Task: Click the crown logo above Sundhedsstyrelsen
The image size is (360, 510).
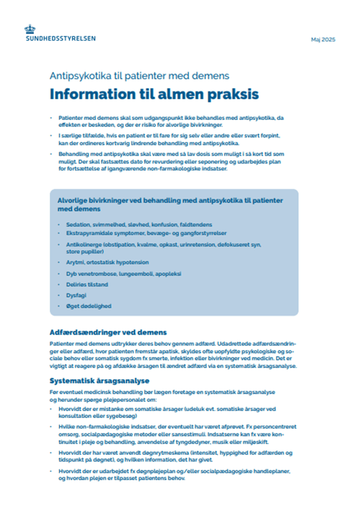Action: pos(30,29)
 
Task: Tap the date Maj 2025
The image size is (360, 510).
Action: pos(323,39)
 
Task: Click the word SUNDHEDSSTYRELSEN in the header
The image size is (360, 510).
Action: pos(61,38)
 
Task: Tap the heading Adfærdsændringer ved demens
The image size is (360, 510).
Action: pos(108,332)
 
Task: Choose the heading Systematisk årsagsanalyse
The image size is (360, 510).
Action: pos(99,381)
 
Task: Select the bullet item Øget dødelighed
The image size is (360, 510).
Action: pos(89,306)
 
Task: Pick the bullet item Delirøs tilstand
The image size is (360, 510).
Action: pos(87,284)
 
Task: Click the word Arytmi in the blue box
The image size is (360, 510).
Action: pos(75,262)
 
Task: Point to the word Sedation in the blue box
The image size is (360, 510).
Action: pos(78,224)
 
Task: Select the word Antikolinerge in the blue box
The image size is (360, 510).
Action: pos(84,245)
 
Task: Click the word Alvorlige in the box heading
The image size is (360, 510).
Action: pos(72,200)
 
